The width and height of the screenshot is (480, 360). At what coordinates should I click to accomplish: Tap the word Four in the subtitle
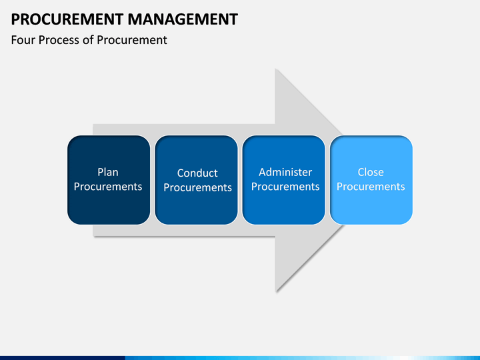[x=23, y=40]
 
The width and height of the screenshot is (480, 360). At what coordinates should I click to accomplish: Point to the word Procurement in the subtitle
[x=132, y=40]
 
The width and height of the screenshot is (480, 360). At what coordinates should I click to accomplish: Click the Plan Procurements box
[x=108, y=180]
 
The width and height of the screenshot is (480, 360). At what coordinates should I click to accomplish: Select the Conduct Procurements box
[x=197, y=180]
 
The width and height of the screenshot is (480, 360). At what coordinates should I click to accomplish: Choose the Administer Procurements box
[x=285, y=180]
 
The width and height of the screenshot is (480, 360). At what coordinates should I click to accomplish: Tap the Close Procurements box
[x=371, y=180]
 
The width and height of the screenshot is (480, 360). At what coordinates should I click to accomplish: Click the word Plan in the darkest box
[x=108, y=172]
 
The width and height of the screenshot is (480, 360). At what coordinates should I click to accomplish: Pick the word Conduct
[x=197, y=173]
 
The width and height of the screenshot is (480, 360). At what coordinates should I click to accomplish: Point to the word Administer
[x=285, y=172]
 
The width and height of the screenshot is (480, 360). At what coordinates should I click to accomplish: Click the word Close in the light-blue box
[x=371, y=172]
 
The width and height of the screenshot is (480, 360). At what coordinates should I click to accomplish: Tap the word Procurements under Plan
[x=108, y=187]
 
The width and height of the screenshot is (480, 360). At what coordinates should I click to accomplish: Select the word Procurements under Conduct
[x=197, y=188]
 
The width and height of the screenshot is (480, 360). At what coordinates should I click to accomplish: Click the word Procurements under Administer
[x=285, y=187]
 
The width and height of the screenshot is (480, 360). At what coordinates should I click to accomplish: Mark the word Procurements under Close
[x=371, y=187]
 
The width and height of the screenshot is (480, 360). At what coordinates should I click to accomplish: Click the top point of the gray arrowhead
[x=276, y=69]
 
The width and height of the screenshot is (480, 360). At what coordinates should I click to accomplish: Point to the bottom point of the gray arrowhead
[x=276, y=291]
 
